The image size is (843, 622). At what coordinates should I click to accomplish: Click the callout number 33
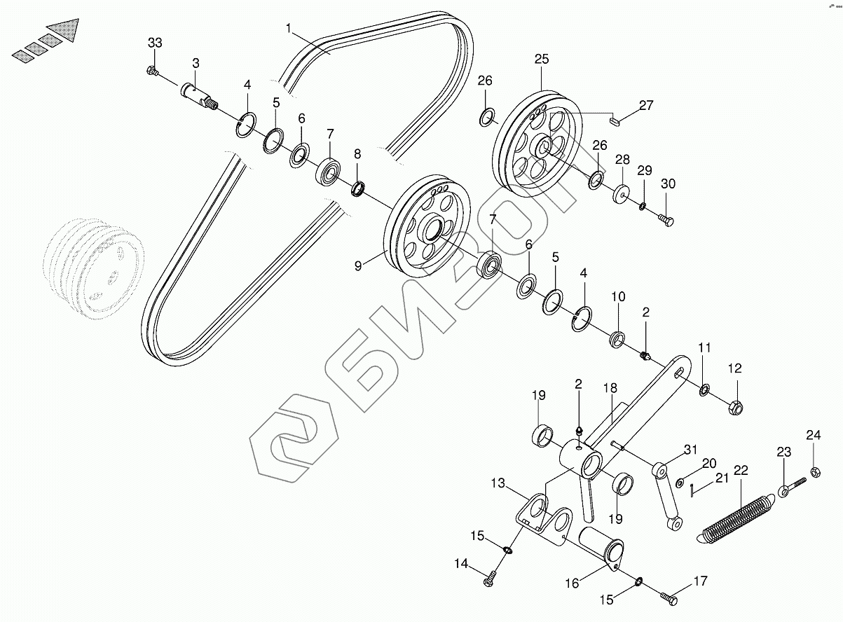(155, 43)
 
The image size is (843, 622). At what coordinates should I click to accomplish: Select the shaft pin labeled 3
(198, 94)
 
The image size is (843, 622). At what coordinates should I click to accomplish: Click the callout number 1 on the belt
(289, 29)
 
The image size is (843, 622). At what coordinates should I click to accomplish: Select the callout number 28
(622, 160)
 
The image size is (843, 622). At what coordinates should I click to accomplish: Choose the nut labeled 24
(815, 471)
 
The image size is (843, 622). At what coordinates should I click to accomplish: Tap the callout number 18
(609, 388)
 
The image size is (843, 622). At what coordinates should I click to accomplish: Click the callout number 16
(572, 583)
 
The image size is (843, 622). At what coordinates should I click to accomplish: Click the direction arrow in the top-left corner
(46, 40)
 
